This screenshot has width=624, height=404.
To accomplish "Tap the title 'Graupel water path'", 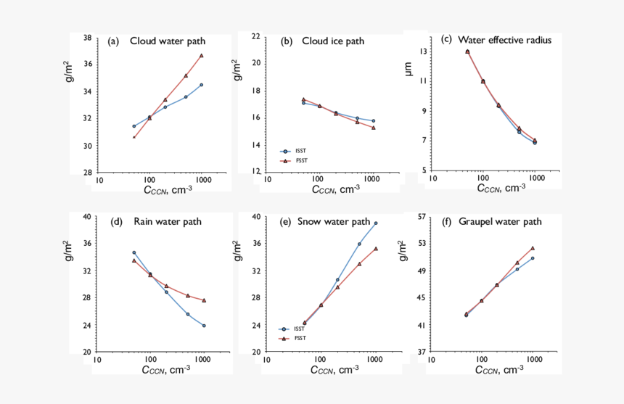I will pos(501,222).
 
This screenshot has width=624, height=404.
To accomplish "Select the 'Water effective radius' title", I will pos(506,40).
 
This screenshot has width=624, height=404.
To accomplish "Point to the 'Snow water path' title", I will pos(333,222).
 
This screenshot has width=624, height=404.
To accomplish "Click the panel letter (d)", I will pos(117,222).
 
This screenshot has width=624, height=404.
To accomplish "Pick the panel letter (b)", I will pos(287,41).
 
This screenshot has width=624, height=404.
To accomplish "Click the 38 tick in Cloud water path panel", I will pos(87,38).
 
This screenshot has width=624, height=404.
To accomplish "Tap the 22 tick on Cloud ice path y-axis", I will pos(256,36).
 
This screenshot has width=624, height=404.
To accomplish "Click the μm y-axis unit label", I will pos(408,69).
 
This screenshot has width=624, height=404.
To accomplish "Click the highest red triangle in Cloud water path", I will pos(202,55).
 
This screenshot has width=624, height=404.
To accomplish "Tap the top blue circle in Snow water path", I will pos(376,223).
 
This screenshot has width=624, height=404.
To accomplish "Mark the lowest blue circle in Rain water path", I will pos(204,326).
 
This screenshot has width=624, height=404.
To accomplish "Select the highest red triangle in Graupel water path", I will pos(533,248).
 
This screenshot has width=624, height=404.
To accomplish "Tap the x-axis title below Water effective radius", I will pos(501,189).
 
